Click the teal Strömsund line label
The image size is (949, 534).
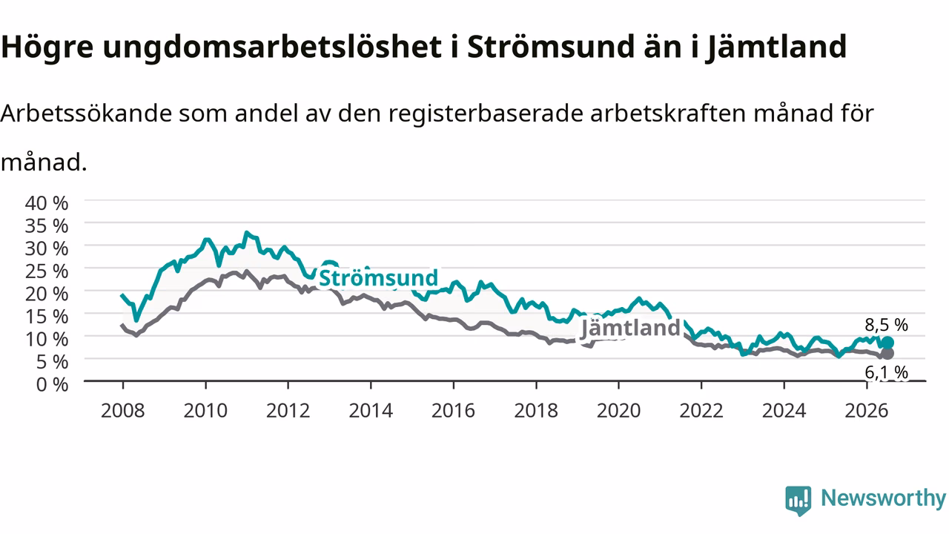[x=378, y=278]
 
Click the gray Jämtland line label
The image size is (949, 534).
[x=630, y=328]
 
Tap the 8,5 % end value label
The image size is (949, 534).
[x=886, y=325]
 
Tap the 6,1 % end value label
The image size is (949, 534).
[x=886, y=372]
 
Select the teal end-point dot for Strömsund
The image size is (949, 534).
[x=887, y=343]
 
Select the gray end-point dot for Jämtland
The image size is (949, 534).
[x=887, y=354]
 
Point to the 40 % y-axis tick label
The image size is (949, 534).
[x=47, y=203]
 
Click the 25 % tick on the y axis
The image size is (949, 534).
[x=47, y=271]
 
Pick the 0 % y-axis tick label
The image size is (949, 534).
[x=52, y=384]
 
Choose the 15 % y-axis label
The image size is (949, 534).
[x=47, y=317]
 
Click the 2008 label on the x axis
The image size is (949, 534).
[x=123, y=411]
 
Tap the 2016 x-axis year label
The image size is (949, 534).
[x=453, y=411]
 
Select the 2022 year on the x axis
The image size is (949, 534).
[x=701, y=411]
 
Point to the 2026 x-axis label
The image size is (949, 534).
[x=867, y=411]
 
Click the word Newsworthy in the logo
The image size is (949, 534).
[x=883, y=498]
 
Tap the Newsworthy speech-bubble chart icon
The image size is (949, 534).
[x=798, y=501]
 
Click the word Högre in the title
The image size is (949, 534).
[x=47, y=47]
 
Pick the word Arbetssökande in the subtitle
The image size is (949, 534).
[x=87, y=113]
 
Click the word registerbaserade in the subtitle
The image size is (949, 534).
[x=486, y=114]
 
